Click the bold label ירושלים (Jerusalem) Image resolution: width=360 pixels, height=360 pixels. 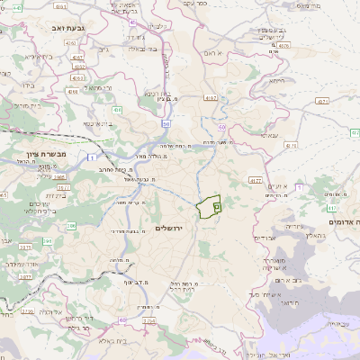pyautogui.click(x=168, y=228)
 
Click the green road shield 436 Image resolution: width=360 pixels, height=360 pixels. pyautogui.click(x=118, y=110)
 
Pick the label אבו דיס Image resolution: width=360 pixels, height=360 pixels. pyautogui.click(x=265, y=238)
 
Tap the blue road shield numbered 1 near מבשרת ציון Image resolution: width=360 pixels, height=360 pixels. pyautogui.click(x=92, y=158)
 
